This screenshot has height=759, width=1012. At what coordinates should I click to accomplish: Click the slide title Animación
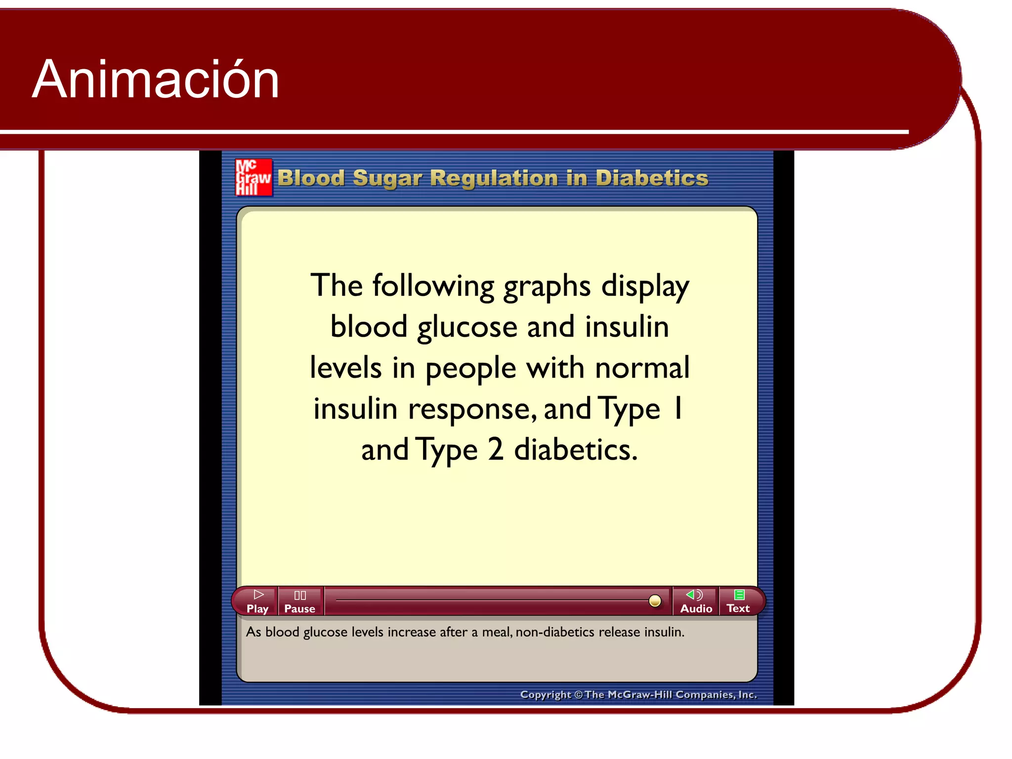[x=156, y=80]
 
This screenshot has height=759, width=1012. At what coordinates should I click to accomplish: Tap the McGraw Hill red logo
[x=253, y=177]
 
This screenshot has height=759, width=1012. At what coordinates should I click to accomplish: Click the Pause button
[x=300, y=601]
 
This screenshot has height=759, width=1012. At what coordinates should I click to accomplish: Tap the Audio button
[x=696, y=601]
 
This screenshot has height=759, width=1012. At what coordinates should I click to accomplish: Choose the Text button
[x=738, y=601]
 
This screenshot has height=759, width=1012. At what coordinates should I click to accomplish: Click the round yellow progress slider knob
[x=655, y=600]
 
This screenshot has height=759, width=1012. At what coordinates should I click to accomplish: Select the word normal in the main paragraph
[x=642, y=368]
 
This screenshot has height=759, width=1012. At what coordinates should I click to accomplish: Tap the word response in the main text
[x=472, y=410]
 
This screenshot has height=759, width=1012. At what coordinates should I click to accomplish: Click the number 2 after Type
[x=495, y=450]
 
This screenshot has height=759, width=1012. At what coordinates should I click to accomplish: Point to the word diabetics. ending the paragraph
[x=576, y=450]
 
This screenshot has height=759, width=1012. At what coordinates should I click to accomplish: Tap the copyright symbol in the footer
[x=578, y=695]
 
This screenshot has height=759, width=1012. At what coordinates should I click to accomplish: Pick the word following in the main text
[x=433, y=287]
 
